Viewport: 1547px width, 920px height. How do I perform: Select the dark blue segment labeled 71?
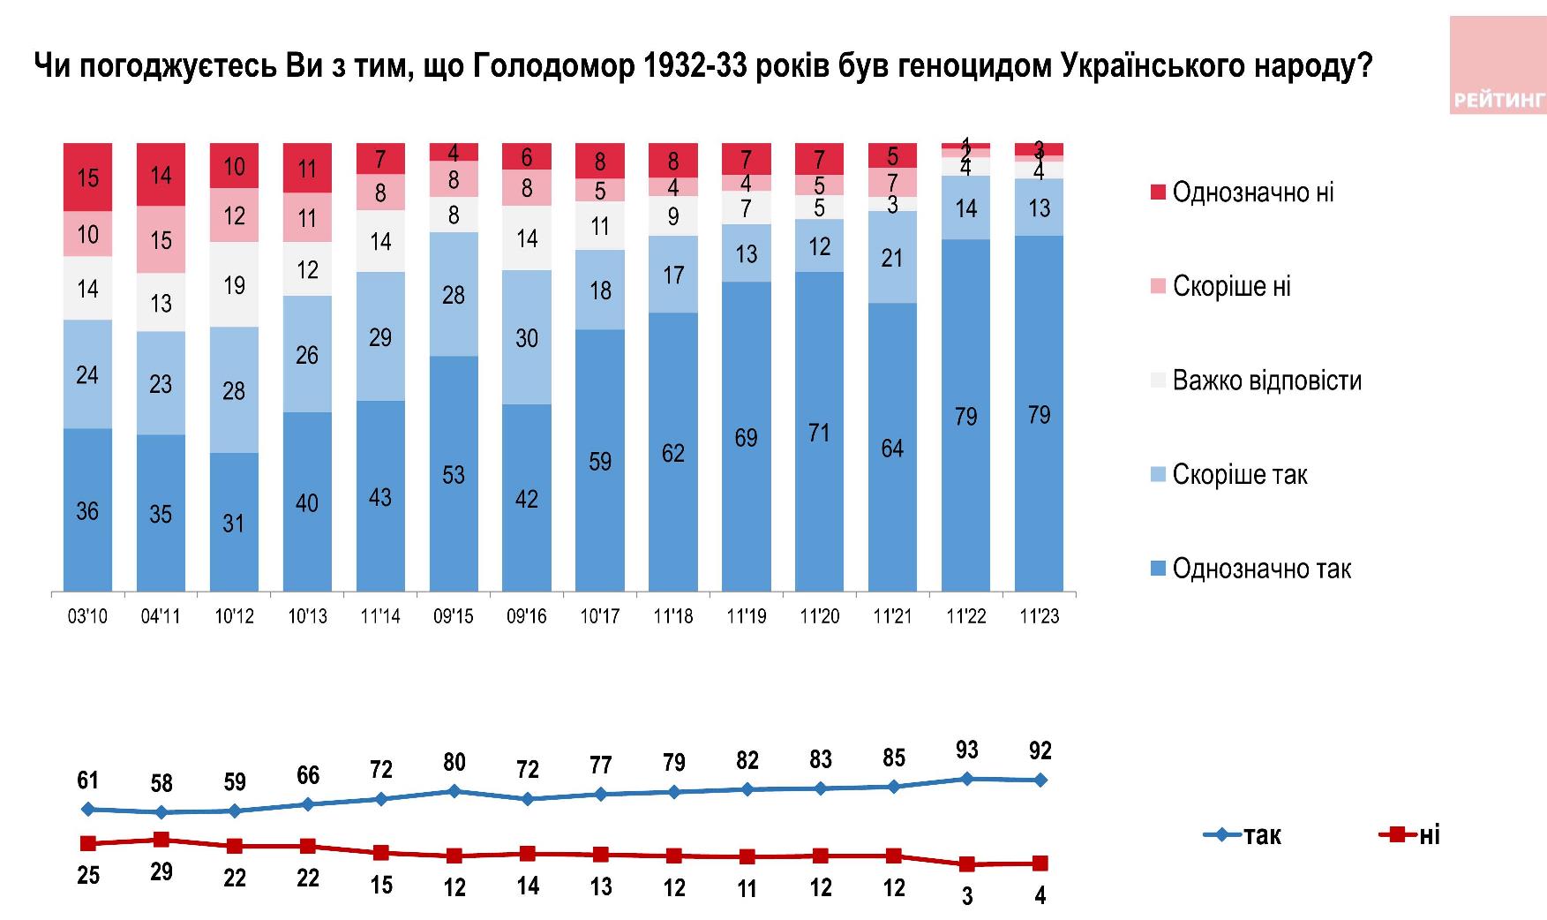819,431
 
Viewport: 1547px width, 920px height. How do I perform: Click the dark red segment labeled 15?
87,177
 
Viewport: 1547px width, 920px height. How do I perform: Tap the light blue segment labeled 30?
527,337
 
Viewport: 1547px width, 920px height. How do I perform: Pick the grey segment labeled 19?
234,284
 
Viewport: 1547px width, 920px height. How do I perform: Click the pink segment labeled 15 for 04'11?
161,239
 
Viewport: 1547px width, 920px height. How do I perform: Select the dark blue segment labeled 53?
454,473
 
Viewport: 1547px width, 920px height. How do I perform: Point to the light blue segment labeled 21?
892,257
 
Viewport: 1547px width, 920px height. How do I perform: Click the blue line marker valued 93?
966,778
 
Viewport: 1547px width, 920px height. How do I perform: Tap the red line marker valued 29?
161,839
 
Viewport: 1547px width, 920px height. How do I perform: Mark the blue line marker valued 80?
454,790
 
